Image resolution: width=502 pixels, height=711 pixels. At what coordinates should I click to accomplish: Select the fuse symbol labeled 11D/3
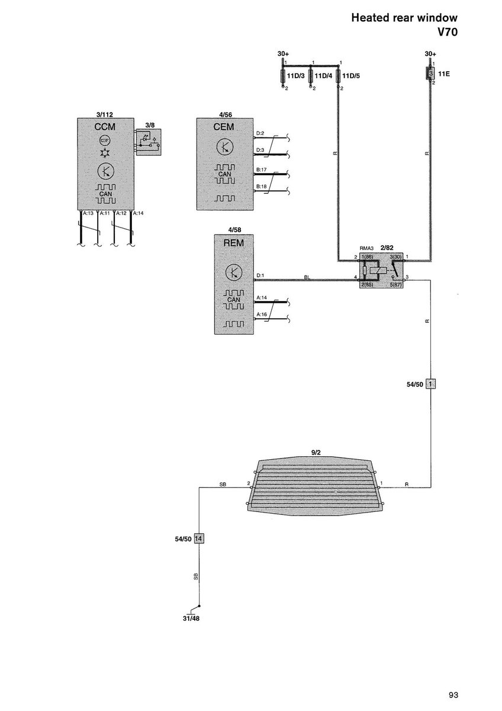[282, 76]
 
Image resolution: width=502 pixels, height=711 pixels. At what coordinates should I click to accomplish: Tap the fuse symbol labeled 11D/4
[310, 76]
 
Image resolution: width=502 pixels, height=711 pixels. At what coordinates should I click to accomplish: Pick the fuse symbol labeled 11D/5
[338, 76]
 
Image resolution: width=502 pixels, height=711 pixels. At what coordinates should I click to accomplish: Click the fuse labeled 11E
[431, 74]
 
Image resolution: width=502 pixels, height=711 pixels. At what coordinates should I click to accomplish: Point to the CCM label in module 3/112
[105, 127]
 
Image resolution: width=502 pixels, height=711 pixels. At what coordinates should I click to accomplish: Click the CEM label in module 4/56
[225, 127]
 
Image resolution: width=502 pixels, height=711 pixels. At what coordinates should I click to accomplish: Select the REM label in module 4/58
[234, 243]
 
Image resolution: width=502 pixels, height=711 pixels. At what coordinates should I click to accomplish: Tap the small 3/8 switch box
[148, 142]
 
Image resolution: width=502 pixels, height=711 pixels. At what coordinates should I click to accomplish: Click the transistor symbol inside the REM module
[234, 273]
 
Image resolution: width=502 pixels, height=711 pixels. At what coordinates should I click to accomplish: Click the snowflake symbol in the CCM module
[105, 153]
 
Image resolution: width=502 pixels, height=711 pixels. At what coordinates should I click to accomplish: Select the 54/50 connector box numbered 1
[431, 384]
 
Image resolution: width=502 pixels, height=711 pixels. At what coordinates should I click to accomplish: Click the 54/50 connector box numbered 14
[199, 539]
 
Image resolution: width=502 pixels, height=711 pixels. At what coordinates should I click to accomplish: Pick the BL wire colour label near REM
[307, 276]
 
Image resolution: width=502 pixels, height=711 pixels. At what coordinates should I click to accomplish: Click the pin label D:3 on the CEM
[260, 149]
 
